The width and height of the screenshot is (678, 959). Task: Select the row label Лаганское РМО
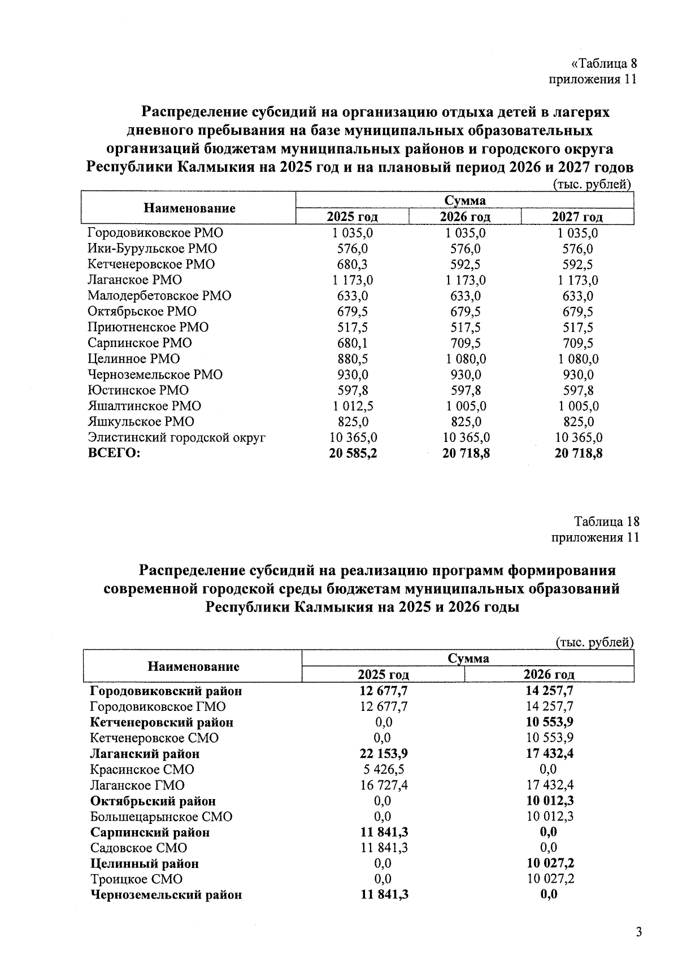134,280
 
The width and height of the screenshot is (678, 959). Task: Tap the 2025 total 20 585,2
353,453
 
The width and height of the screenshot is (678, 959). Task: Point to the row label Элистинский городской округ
176,437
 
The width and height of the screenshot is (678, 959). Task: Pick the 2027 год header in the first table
577,217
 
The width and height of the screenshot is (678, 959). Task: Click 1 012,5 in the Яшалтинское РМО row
353,406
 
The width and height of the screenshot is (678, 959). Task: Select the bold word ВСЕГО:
114,453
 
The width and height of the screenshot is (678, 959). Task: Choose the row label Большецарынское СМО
161,817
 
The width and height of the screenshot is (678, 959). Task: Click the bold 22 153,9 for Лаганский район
383,754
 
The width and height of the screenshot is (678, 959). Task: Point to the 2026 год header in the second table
549,675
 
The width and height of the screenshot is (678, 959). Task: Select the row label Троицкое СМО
136,880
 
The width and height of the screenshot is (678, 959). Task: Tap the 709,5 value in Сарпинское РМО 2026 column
466,343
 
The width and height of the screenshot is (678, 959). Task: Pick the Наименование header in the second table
193,667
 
